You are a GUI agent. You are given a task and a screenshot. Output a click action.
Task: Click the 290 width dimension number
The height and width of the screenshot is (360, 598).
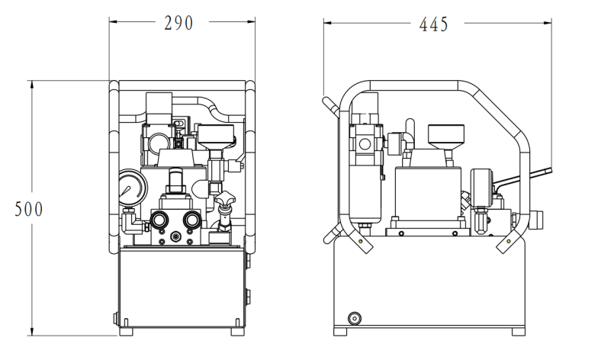[179, 23]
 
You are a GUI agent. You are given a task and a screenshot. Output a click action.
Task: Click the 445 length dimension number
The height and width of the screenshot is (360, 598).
[433, 24]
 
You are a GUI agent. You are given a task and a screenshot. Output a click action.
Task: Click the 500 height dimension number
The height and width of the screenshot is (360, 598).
[30, 209]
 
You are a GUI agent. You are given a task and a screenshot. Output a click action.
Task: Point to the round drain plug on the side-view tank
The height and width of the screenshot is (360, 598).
[353, 317]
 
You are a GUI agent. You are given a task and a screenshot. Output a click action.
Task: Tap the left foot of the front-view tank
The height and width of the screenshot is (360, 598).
[127, 332]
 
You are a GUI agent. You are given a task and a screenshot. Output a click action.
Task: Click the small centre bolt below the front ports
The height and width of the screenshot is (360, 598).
[176, 238]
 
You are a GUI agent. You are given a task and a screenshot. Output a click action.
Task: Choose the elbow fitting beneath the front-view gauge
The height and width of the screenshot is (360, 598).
[131, 223]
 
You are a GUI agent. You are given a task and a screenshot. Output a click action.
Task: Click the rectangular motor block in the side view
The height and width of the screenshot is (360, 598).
[428, 191]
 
